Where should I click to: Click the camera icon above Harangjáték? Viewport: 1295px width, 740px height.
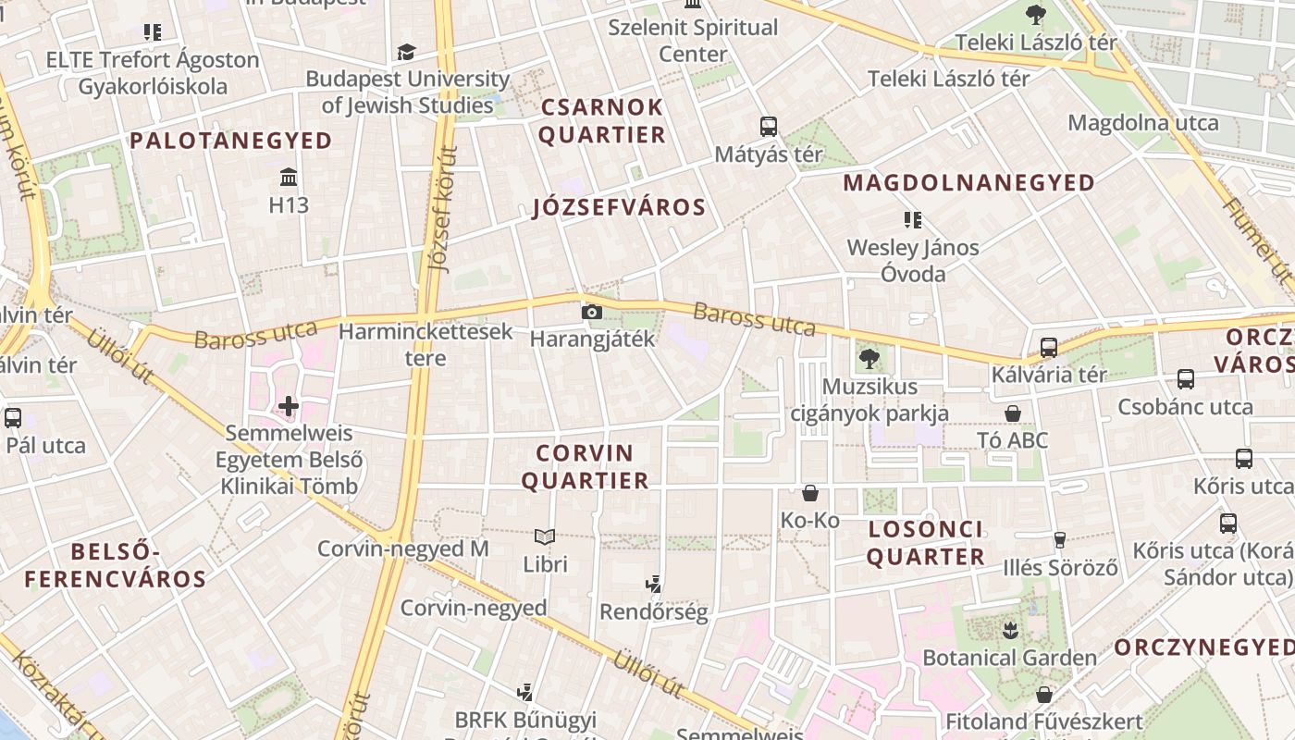tap(592, 313)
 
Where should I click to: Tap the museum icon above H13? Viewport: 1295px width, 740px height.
tap(289, 177)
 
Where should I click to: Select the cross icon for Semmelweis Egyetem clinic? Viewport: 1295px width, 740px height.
tap(289, 405)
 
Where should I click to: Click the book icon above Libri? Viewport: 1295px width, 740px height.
tap(545, 536)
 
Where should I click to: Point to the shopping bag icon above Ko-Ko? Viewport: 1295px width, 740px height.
tap(810, 493)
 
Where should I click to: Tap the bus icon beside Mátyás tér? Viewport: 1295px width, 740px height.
tap(768, 127)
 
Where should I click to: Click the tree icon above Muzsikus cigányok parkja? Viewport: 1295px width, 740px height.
tap(869, 358)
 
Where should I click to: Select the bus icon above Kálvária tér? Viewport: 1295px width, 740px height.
tap(1048, 348)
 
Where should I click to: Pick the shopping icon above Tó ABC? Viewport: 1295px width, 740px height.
tap(1014, 413)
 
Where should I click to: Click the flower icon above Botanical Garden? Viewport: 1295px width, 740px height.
tap(1009, 631)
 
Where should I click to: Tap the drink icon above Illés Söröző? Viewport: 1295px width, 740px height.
tap(1060, 540)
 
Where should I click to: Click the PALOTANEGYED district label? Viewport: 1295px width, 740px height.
tap(230, 141)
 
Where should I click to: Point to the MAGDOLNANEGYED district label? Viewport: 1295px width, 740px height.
tap(968, 182)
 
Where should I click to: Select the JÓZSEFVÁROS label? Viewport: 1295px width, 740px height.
tap(619, 207)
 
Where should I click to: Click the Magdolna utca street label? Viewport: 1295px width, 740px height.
tap(1143, 123)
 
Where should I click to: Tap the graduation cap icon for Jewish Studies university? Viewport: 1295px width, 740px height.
tap(406, 52)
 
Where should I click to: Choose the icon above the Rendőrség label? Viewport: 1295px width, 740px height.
tap(654, 584)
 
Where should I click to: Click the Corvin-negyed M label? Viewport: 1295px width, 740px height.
tap(402, 549)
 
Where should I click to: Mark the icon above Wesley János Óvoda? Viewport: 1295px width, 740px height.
tap(913, 220)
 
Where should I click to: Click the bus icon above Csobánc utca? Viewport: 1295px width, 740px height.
tap(1185, 378)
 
